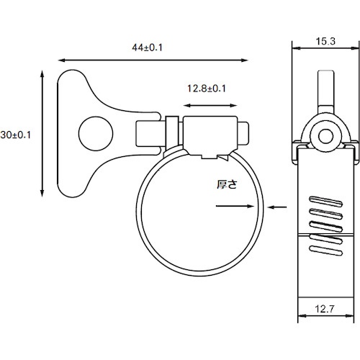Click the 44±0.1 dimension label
coord(149,48)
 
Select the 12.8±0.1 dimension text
coord(207,89)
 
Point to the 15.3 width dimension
coord(325,42)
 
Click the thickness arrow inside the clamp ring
coord(234,207)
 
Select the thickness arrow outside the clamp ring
coord(279,207)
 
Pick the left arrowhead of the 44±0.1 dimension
coord(60,60)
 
